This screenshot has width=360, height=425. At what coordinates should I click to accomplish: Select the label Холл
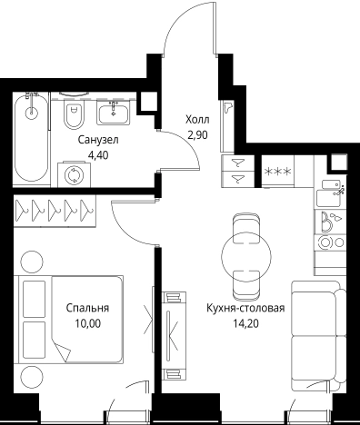coord(196,120)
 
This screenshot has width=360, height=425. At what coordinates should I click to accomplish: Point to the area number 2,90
coord(196,134)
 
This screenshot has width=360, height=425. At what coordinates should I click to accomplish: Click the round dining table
coord(245,254)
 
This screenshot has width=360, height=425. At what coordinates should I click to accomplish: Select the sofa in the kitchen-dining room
coord(315,331)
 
